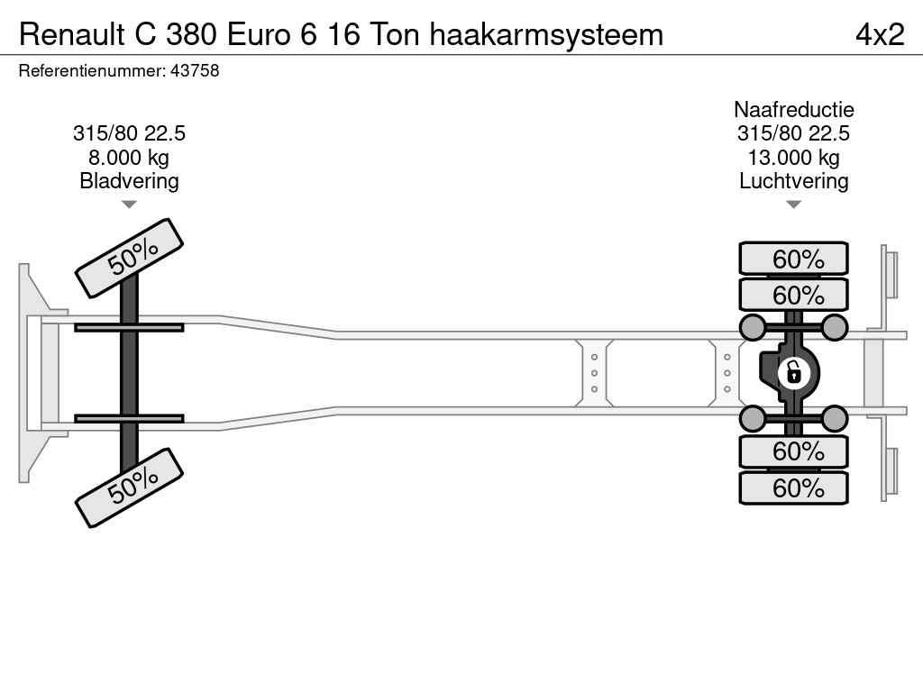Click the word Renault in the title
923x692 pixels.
click(x=72, y=34)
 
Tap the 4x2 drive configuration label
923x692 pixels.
click(x=880, y=34)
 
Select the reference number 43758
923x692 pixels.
click(x=195, y=70)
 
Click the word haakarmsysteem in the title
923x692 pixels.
click(x=546, y=35)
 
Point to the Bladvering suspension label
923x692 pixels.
click(x=129, y=180)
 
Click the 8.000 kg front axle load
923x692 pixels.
click(x=129, y=158)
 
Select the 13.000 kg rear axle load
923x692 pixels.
click(x=793, y=158)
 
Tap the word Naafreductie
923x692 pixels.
click(x=793, y=109)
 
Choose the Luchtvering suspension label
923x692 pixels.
click(x=793, y=180)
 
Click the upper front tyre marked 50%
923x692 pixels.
click(x=130, y=259)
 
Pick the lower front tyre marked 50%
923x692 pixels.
click(x=130, y=487)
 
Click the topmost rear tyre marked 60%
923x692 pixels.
click(x=793, y=259)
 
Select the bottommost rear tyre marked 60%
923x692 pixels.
click(x=793, y=487)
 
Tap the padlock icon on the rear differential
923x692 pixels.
click(x=793, y=372)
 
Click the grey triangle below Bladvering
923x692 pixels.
click(x=129, y=205)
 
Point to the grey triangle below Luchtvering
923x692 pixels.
click(x=793, y=205)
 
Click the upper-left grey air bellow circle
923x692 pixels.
click(x=753, y=327)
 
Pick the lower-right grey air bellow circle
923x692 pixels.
click(x=835, y=418)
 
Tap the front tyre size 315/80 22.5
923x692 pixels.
click(x=129, y=133)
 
